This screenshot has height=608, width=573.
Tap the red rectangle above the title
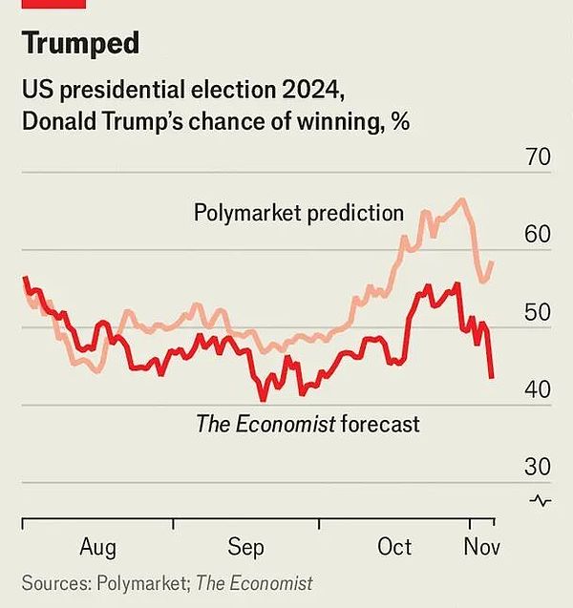point(53,4)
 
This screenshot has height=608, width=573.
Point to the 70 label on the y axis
point(538,157)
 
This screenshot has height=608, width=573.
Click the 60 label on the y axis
point(538,235)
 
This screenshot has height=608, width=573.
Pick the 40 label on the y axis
point(538,389)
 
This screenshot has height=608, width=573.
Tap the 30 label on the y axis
point(538,467)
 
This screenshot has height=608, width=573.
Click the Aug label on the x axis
point(96,547)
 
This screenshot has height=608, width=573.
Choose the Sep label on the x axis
point(245,547)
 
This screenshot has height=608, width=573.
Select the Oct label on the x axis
point(394,547)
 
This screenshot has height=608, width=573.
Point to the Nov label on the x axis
point(482,547)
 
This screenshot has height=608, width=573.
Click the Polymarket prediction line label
point(299,212)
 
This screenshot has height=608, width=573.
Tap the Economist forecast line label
point(308,423)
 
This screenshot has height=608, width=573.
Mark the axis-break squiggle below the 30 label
point(540,500)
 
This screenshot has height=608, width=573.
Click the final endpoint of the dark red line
point(492,377)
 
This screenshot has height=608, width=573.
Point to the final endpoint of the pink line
point(492,262)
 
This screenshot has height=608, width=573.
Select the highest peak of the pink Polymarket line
point(462,199)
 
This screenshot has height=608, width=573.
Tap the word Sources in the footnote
point(53,582)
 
